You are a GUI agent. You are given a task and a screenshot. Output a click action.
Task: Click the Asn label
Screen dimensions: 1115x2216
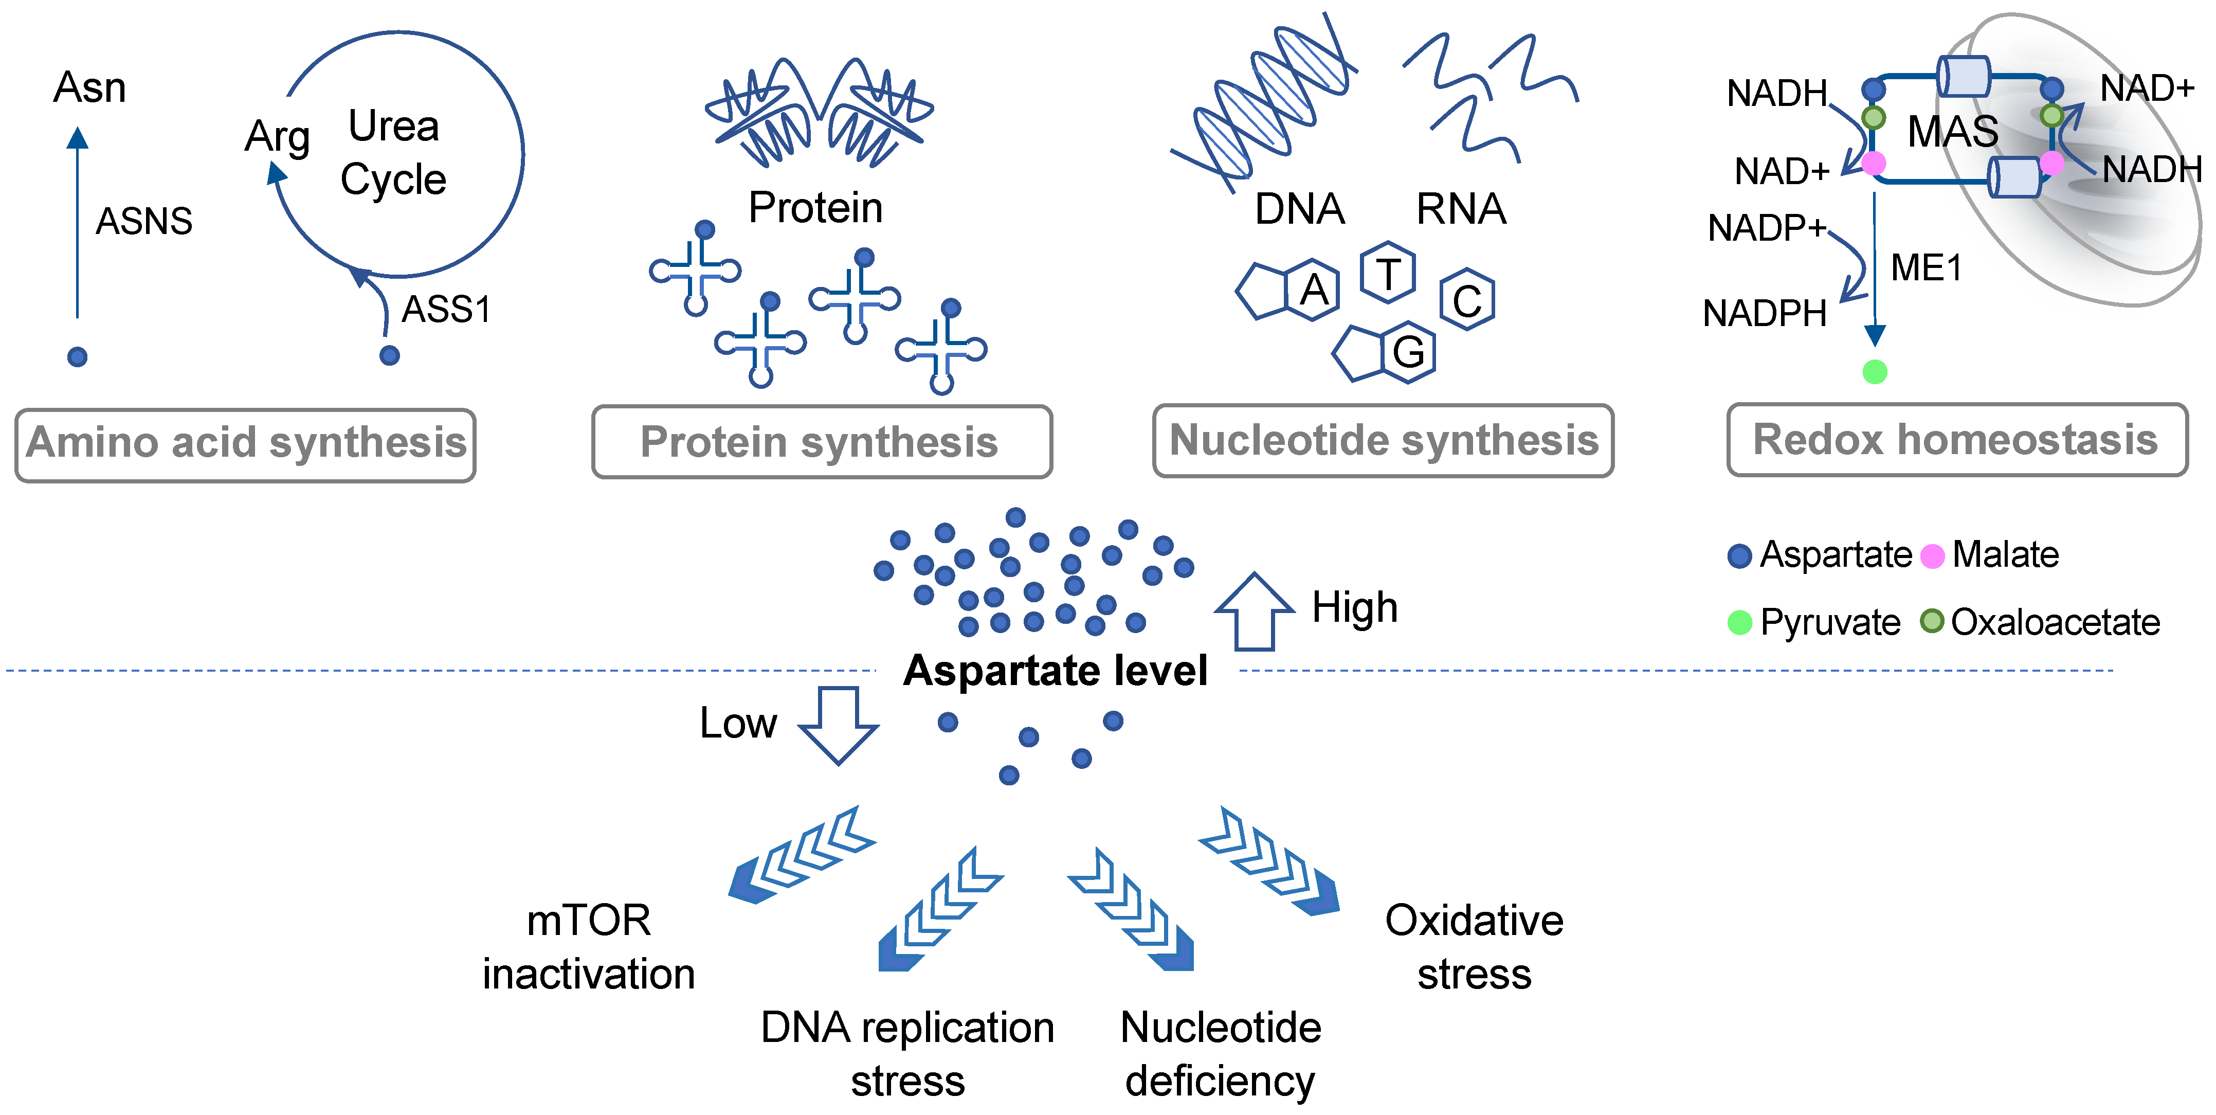pyautogui.click(x=89, y=88)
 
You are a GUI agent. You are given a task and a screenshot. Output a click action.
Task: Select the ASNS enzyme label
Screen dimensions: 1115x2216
pyautogui.click(x=143, y=222)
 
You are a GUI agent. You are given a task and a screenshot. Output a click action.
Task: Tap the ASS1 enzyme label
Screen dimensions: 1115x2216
pyautogui.click(x=446, y=310)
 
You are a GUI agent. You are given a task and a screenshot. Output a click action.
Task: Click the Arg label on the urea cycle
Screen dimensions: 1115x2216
pyautogui.click(x=277, y=137)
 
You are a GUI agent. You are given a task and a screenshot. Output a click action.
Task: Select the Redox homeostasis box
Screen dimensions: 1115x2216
pyautogui.click(x=1956, y=440)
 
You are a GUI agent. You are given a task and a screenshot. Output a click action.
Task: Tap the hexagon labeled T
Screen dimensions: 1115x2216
pyautogui.click(x=1388, y=273)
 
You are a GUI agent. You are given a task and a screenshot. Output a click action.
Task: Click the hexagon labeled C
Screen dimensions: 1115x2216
pyautogui.click(x=1467, y=300)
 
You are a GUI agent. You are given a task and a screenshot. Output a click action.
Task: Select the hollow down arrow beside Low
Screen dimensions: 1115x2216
pyautogui.click(x=839, y=725)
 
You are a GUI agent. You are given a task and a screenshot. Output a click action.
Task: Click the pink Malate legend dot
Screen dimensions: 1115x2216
pyautogui.click(x=1932, y=556)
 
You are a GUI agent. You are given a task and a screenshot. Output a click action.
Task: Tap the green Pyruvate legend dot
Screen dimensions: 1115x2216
pyautogui.click(x=1739, y=623)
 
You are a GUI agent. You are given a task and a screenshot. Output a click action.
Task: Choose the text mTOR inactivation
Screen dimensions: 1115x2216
pyautogui.click(x=588, y=947)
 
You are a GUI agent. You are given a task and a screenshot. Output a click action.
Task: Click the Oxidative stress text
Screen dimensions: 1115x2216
pyautogui.click(x=1474, y=947)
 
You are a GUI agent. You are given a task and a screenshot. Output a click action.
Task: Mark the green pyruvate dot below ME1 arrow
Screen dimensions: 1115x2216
pyautogui.click(x=1875, y=372)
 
